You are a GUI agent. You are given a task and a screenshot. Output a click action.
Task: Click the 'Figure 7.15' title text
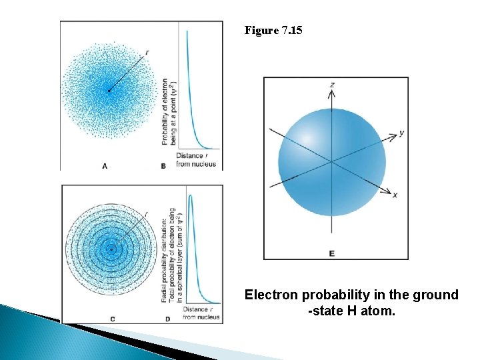coord(273,30)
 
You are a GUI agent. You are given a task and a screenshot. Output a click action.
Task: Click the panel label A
coord(105,165)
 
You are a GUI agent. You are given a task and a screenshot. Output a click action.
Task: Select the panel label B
coord(163,165)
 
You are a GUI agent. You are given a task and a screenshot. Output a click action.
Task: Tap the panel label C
coord(112,319)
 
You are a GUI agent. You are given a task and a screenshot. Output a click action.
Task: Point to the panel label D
coord(167,319)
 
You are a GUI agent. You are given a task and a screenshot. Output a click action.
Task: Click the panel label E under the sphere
coord(332,253)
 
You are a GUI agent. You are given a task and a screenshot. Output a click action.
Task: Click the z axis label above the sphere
coord(332,84)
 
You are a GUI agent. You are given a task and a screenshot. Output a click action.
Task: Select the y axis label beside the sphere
coord(401,133)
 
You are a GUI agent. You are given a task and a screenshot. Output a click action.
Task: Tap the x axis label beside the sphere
coord(395,195)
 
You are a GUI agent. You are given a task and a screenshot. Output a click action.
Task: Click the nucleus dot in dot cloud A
coord(109,91)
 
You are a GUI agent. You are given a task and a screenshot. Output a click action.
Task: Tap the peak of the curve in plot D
coord(191,195)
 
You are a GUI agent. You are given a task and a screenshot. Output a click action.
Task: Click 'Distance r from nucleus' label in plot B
coord(196,160)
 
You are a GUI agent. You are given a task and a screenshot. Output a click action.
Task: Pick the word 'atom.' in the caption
coord(377,311)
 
